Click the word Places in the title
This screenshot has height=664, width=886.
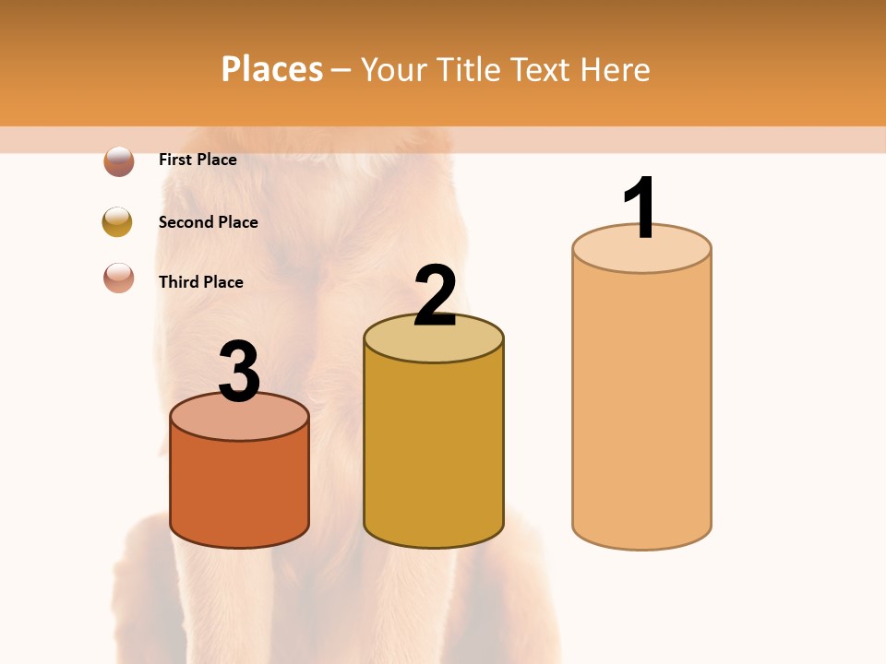(272, 69)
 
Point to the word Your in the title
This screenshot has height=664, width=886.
(394, 69)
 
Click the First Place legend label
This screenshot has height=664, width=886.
(198, 160)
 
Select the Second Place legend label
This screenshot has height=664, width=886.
(208, 222)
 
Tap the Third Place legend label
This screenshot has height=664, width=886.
(200, 282)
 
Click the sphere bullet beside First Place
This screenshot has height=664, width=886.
(119, 161)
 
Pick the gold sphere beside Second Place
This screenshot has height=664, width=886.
(117, 221)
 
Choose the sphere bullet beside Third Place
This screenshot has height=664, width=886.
(119, 278)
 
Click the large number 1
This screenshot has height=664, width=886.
(641, 207)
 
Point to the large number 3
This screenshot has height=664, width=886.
(240, 372)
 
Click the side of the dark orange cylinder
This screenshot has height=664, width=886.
(240, 489)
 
